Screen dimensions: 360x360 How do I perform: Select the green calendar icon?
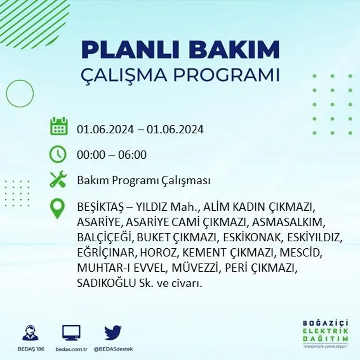(x=59, y=126)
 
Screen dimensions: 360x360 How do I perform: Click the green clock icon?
(x=58, y=154)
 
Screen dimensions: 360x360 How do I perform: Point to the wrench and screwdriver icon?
(x=58, y=180)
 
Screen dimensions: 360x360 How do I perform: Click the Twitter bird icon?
(x=112, y=333)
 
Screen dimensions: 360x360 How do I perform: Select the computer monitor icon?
(x=71, y=333)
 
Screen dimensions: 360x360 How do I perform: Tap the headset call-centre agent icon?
(x=30, y=333)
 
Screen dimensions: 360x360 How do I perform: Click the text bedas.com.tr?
(x=71, y=349)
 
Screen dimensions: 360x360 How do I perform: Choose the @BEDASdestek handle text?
(x=113, y=349)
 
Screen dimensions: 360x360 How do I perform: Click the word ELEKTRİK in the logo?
(x=326, y=331)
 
